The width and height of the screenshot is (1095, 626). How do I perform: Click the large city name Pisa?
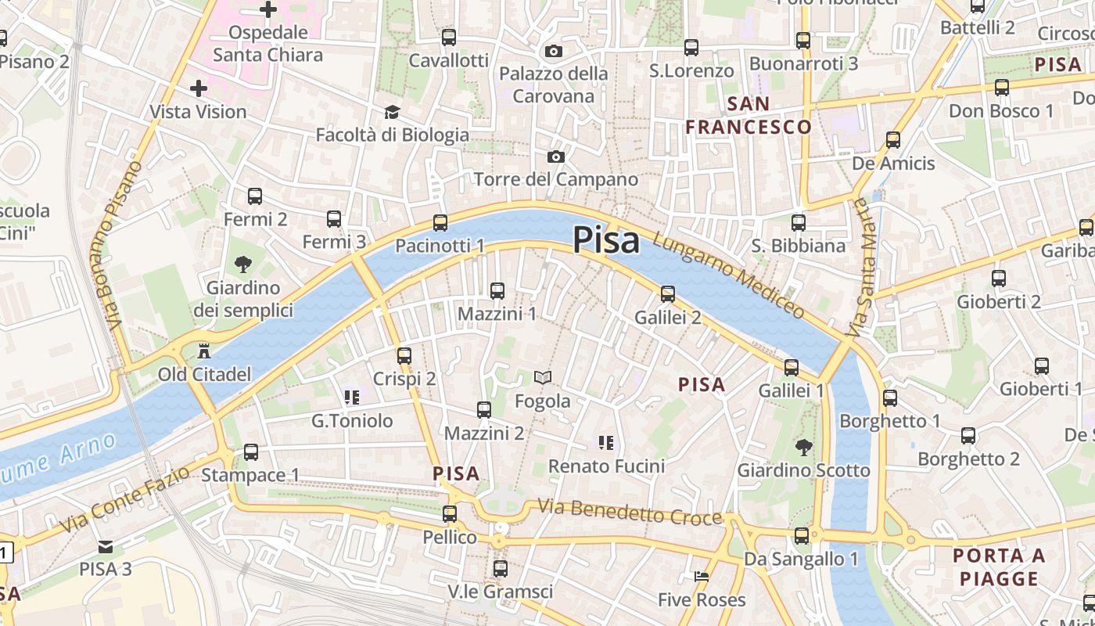pos(606,239)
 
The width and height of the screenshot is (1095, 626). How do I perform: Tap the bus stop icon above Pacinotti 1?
pos(440,223)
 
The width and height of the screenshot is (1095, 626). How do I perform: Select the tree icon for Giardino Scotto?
pos(802,448)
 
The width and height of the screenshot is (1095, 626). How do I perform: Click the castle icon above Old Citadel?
pos(205,350)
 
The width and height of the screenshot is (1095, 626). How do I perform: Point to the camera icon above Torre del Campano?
pos(555,156)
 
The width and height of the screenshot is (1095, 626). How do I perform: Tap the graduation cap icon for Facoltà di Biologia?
pos(392,113)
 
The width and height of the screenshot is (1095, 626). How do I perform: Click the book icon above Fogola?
pos(542,378)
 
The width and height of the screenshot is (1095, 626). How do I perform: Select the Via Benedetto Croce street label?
pos(630,513)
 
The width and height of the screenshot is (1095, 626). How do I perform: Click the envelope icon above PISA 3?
pos(105,546)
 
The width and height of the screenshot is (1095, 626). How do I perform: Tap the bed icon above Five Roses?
pos(701,577)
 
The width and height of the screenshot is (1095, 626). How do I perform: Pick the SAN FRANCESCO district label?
pos(749,115)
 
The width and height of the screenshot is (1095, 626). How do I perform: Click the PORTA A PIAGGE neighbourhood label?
pos(999,567)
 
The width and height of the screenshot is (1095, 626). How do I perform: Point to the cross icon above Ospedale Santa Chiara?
pos(268,10)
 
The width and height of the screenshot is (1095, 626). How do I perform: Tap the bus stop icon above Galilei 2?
pos(667,294)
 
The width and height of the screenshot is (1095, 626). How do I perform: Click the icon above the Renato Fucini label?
pos(605,444)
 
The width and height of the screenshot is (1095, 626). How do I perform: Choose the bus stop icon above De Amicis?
pos(892,141)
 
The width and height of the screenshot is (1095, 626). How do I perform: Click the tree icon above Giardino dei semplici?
pos(243,264)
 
